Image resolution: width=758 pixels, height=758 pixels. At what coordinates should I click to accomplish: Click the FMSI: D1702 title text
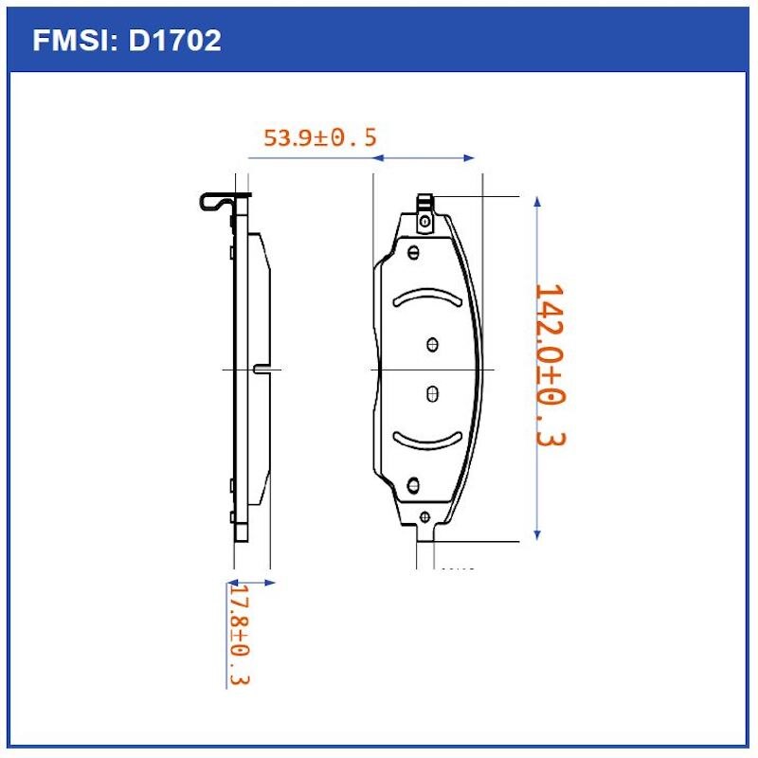(x=127, y=40)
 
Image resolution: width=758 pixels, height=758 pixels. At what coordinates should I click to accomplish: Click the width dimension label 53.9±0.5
(x=319, y=137)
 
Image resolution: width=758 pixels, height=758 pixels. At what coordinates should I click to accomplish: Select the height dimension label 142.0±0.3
(x=549, y=365)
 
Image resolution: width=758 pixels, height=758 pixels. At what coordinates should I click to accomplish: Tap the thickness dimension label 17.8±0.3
(x=240, y=635)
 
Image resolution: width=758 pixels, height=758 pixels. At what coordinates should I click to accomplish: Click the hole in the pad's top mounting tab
(x=425, y=222)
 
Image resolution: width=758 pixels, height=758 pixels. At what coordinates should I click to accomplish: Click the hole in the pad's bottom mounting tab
(x=424, y=516)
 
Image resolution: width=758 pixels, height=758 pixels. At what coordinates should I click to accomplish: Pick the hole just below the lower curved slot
(x=413, y=485)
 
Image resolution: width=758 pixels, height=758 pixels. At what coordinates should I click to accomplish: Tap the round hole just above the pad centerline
(x=433, y=344)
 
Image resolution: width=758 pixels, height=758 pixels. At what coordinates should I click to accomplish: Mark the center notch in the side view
(x=262, y=369)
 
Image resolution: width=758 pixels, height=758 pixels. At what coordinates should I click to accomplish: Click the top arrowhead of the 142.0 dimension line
(x=537, y=202)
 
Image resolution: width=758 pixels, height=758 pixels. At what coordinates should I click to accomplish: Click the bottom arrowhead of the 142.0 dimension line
(x=537, y=534)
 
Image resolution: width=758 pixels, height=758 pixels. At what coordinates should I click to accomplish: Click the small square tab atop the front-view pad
(x=425, y=202)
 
